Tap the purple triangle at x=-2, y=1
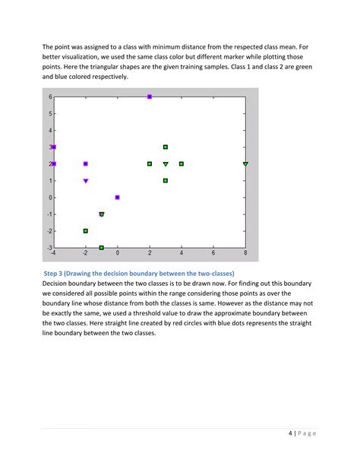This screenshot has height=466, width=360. click(86, 181)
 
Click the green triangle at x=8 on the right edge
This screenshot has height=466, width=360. click(245, 164)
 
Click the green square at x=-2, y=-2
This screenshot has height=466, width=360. click(86, 230)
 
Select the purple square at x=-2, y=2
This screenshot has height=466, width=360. click(86, 163)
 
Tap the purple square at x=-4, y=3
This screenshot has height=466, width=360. click(54, 147)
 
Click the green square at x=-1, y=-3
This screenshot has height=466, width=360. click(102, 247)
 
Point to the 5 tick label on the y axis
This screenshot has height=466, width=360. click(49, 114)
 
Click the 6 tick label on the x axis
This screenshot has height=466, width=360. click(213, 253)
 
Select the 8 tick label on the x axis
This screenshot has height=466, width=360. click(245, 253)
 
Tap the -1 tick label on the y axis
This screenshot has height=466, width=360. click(49, 214)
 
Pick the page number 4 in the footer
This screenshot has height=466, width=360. click(291, 433)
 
